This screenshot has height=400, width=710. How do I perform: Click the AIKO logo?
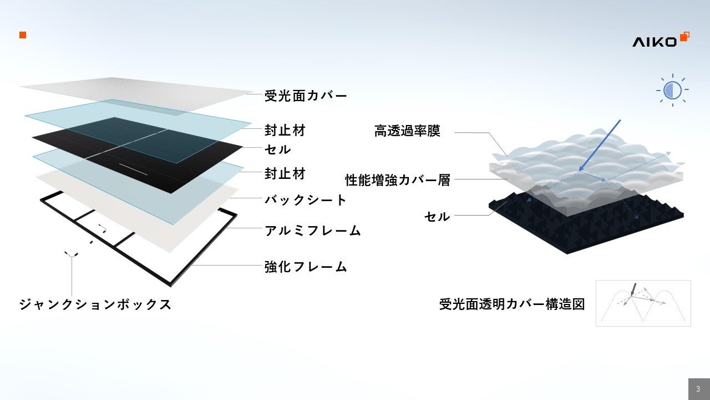pyautogui.click(x=660, y=40)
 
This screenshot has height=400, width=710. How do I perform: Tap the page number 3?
pyautogui.click(x=698, y=389)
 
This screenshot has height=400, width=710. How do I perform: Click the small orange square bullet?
pyautogui.click(x=23, y=35)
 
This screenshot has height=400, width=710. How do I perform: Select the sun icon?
pyautogui.click(x=672, y=89)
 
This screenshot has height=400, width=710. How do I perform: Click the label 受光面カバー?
pyautogui.click(x=306, y=96)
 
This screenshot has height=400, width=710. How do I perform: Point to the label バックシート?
pyautogui.click(x=306, y=200)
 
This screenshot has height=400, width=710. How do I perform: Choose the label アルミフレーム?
pyautogui.click(x=313, y=230)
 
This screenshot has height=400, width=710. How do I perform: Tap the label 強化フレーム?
pyautogui.click(x=306, y=267)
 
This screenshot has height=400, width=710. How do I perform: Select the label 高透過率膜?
pyautogui.click(x=407, y=132)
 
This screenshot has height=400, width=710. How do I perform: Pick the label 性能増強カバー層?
pyautogui.click(x=398, y=180)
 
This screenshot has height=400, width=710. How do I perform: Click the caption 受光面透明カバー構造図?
pyautogui.click(x=512, y=304)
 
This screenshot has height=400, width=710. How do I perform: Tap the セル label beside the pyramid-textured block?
pyautogui.click(x=437, y=216)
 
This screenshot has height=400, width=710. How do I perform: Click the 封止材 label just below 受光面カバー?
pyautogui.click(x=285, y=131)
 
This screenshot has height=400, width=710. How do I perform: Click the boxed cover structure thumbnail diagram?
pyautogui.click(x=643, y=303)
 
